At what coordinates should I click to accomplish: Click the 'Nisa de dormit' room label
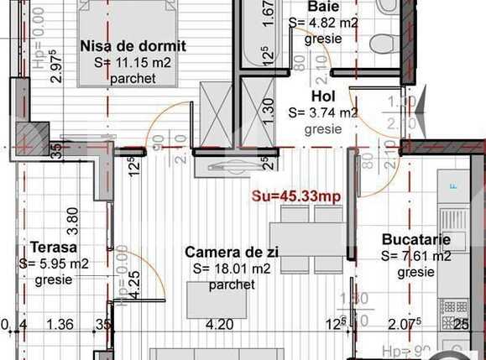pos(133,46)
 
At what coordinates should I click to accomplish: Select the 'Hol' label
pos(322,97)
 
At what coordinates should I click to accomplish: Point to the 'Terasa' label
pos(54,248)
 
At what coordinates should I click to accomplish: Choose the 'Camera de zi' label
pos(232,252)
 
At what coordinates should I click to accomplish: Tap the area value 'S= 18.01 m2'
pos(232,269)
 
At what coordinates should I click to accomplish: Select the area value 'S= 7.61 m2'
pos(415,256)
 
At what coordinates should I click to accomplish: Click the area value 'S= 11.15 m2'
pos(133,62)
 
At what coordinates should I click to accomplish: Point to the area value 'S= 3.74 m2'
pos(323,112)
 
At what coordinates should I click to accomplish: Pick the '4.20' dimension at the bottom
pos(219,324)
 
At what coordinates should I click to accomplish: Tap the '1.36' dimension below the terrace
pos(60,324)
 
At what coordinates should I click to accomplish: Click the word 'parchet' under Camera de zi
pos(232,285)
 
